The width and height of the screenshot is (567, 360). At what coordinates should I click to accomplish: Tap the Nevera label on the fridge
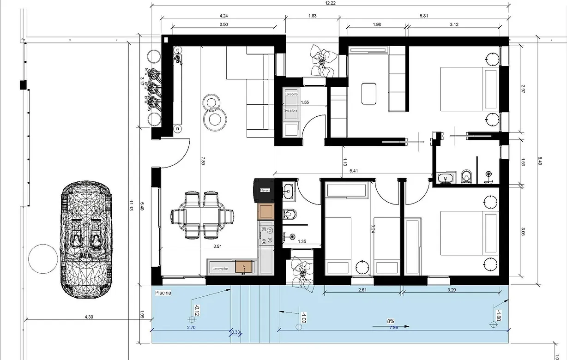[265, 190]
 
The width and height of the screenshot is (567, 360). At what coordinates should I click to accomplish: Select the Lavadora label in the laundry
[291, 94]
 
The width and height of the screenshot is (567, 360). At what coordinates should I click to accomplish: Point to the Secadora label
[291, 111]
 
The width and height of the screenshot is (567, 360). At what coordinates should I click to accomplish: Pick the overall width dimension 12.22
[330, 3]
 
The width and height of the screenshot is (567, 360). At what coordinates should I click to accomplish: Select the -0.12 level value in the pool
[197, 311]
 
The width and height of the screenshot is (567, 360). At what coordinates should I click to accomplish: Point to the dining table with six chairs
[202, 216]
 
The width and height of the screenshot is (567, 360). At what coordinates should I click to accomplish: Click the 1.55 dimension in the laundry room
[305, 102]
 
